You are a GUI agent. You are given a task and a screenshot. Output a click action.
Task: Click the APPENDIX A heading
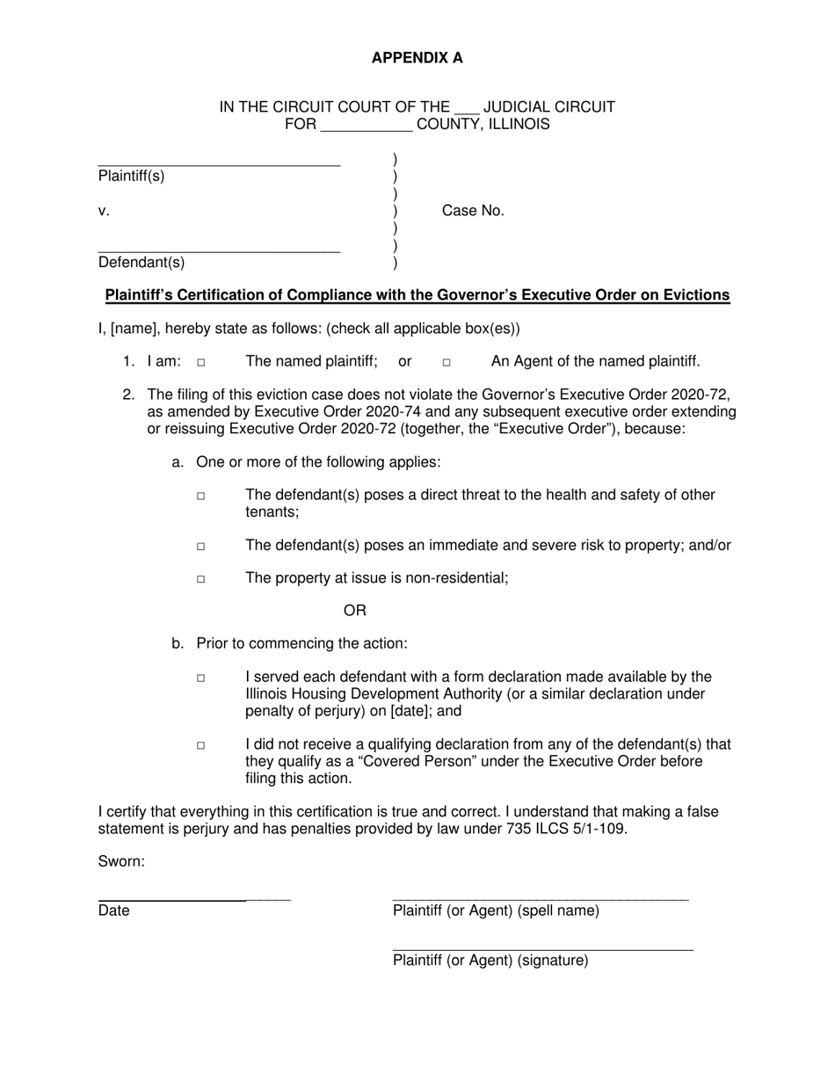[x=417, y=58]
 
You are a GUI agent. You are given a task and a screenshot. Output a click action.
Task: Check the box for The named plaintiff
[x=201, y=362]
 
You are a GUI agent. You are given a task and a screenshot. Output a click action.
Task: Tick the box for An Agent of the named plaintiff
[x=447, y=362]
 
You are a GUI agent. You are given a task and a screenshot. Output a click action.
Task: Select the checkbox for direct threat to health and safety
[x=201, y=497]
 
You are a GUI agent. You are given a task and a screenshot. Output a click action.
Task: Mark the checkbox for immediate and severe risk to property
[x=201, y=547]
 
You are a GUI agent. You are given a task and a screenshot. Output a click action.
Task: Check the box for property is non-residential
[x=201, y=579]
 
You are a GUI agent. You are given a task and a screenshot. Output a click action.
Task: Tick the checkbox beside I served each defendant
[x=201, y=678]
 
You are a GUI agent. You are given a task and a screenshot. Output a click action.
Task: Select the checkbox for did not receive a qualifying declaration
[x=201, y=745]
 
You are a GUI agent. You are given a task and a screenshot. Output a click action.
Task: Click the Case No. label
[x=473, y=211]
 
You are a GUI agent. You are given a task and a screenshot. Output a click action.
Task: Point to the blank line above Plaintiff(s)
[x=219, y=164]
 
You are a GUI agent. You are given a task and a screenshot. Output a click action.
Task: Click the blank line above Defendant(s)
[x=219, y=251]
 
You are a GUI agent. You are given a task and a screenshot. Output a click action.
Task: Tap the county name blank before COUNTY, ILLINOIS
[x=367, y=128]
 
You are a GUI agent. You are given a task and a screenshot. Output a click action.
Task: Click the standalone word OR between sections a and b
[x=354, y=611]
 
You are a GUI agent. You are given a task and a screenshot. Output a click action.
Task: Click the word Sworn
[x=121, y=861]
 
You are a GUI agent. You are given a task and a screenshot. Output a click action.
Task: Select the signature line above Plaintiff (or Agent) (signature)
[x=542, y=949]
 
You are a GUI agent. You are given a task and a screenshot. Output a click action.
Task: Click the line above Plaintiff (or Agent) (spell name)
[x=540, y=899]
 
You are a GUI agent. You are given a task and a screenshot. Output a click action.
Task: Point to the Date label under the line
[x=114, y=911]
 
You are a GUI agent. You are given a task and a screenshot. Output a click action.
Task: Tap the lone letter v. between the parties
[x=104, y=211]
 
